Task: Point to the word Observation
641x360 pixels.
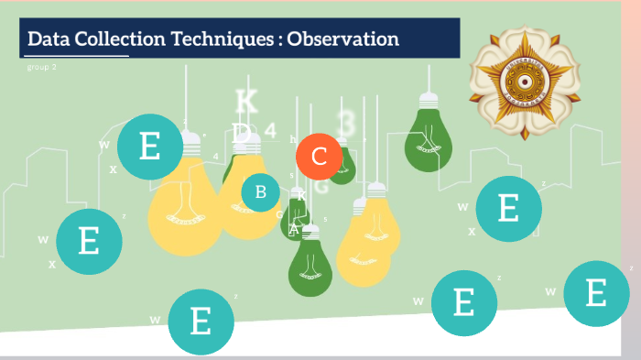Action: click(344, 39)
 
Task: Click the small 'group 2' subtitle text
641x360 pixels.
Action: click(42, 68)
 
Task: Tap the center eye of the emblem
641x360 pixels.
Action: click(524, 82)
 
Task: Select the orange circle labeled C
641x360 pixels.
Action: click(319, 157)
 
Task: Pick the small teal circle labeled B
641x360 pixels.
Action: click(261, 191)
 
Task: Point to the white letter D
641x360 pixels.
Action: click(240, 133)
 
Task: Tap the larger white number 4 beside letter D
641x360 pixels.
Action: click(270, 130)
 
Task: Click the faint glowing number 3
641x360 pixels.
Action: click(346, 122)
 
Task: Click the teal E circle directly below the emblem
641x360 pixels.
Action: click(508, 208)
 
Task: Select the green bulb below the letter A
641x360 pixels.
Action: click(310, 267)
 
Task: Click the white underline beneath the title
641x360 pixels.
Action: click(75, 56)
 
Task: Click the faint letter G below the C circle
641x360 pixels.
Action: click(321, 186)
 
